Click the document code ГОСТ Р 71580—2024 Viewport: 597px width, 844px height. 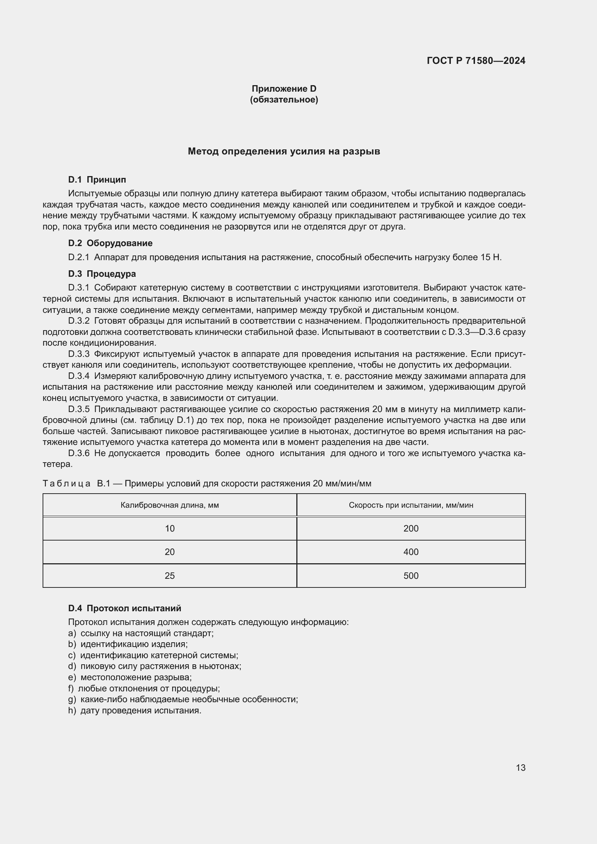click(476, 61)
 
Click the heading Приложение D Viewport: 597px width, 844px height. click(284, 89)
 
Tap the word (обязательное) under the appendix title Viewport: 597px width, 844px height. click(284, 100)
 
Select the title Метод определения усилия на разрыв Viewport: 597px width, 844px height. click(284, 151)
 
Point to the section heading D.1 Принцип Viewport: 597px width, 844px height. click(97, 180)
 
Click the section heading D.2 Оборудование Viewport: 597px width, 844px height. click(110, 243)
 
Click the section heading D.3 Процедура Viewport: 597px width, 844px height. click(102, 274)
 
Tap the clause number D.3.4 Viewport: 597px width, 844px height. click(79, 376)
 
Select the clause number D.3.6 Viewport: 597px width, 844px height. click(79, 453)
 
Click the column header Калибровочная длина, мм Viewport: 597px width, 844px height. click(170, 505)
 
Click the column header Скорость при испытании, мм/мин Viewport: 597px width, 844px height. click(411, 505)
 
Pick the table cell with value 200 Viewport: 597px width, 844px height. click(411, 529)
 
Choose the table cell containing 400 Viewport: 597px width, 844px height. click(411, 552)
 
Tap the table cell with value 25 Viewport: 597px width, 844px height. click(170, 576)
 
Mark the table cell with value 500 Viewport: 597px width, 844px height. click(411, 576)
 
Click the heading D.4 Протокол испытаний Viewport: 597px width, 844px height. click(125, 608)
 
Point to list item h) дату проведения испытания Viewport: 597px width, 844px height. click(135, 710)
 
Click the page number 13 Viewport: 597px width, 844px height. click(520, 768)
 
